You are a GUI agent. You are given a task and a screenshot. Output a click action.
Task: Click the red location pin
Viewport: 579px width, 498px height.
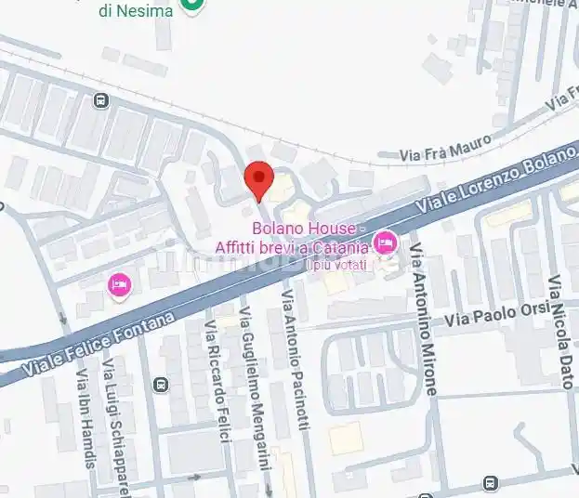(x=257, y=179)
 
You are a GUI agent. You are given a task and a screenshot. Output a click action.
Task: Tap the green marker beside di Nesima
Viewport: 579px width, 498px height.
(x=192, y=6)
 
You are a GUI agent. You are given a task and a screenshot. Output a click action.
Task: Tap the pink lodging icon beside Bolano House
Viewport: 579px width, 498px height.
(x=384, y=244)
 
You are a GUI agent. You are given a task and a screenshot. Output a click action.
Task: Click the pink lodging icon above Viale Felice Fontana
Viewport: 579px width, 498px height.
(x=119, y=285)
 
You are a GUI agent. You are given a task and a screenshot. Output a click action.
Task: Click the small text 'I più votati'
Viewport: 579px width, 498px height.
(x=337, y=264)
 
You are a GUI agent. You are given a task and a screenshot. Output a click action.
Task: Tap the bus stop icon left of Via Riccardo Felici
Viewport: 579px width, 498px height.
(x=161, y=385)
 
